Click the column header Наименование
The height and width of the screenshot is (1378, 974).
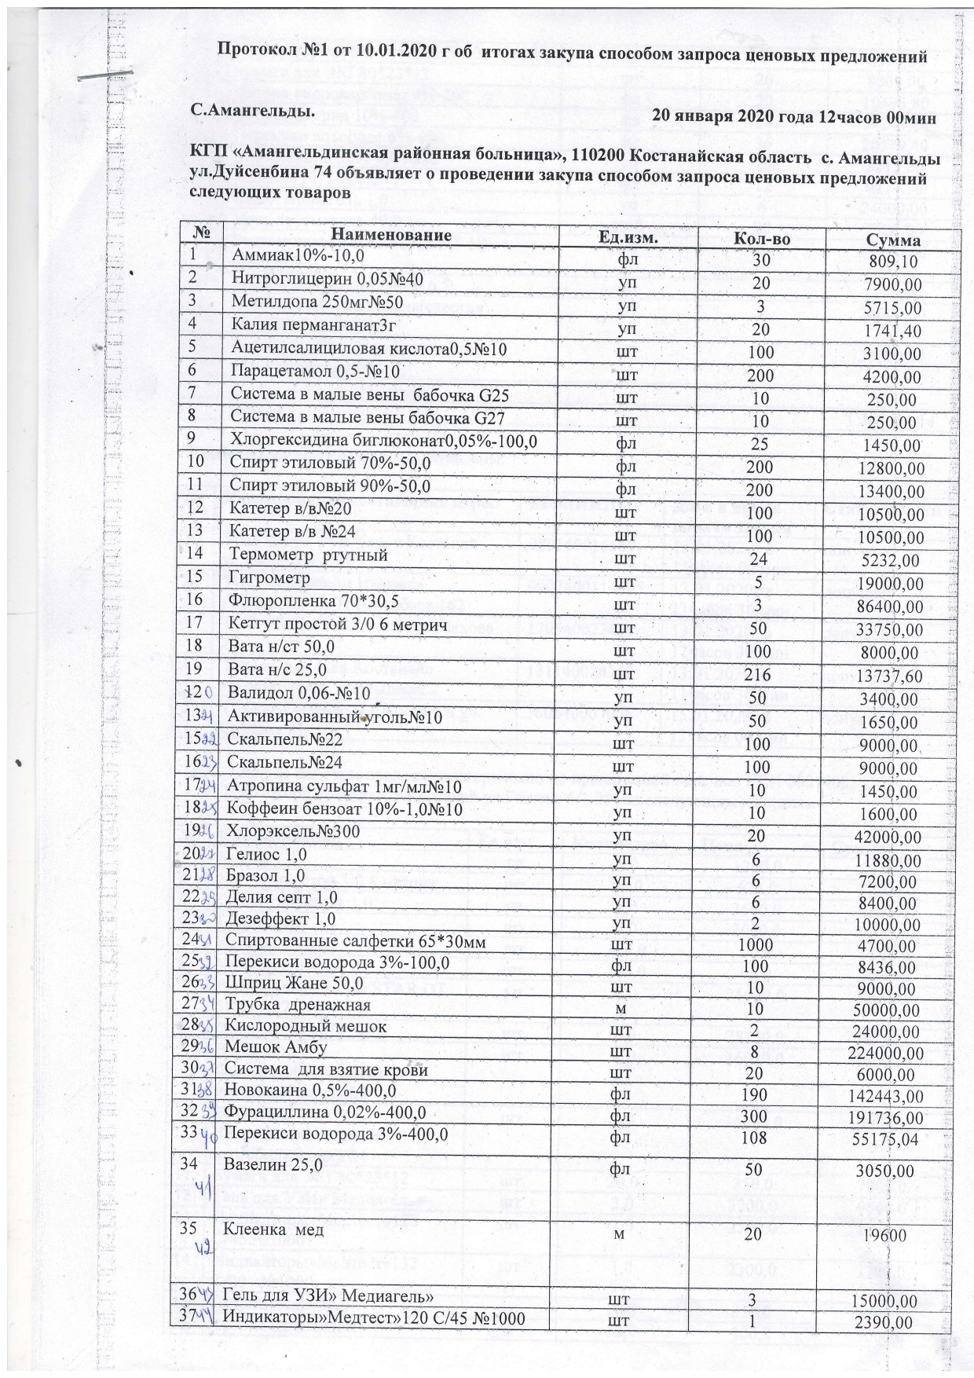point(391,235)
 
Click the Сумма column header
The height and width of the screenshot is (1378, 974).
point(892,240)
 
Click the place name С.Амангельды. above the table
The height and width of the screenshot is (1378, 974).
point(253,112)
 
